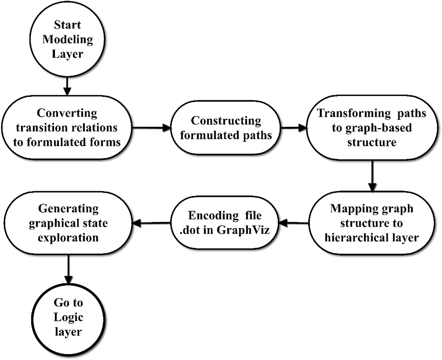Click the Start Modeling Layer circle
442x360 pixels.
pyautogui.click(x=67, y=39)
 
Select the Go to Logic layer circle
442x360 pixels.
pyautogui.click(x=68, y=317)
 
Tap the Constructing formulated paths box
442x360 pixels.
pyautogui.click(x=226, y=128)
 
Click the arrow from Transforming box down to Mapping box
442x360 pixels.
pyautogui.click(x=372, y=176)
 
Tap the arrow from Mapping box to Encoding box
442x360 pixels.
pyautogui.click(x=294, y=223)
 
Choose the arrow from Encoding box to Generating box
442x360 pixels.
pyautogui.click(x=151, y=223)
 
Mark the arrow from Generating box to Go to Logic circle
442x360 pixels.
pyautogui.click(x=68, y=269)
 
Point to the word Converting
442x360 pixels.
pyautogui.click(x=67, y=113)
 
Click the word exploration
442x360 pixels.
pyautogui.click(x=68, y=237)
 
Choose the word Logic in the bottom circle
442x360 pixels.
pyautogui.click(x=68, y=317)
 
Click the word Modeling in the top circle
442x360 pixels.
pyautogui.click(x=67, y=39)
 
